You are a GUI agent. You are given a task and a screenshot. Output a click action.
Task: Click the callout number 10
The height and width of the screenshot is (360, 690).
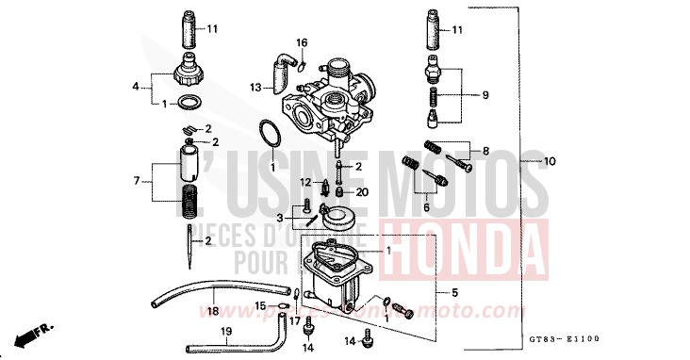550,162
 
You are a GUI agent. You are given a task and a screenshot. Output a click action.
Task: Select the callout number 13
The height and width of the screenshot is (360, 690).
255,87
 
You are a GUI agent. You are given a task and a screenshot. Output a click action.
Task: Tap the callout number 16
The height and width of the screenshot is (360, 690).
303,43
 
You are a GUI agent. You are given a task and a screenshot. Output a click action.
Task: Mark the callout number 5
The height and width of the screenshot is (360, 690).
454,293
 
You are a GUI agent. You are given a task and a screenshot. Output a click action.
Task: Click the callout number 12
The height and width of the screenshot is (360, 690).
305,181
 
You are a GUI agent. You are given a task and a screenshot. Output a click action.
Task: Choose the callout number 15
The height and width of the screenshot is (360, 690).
260,306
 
